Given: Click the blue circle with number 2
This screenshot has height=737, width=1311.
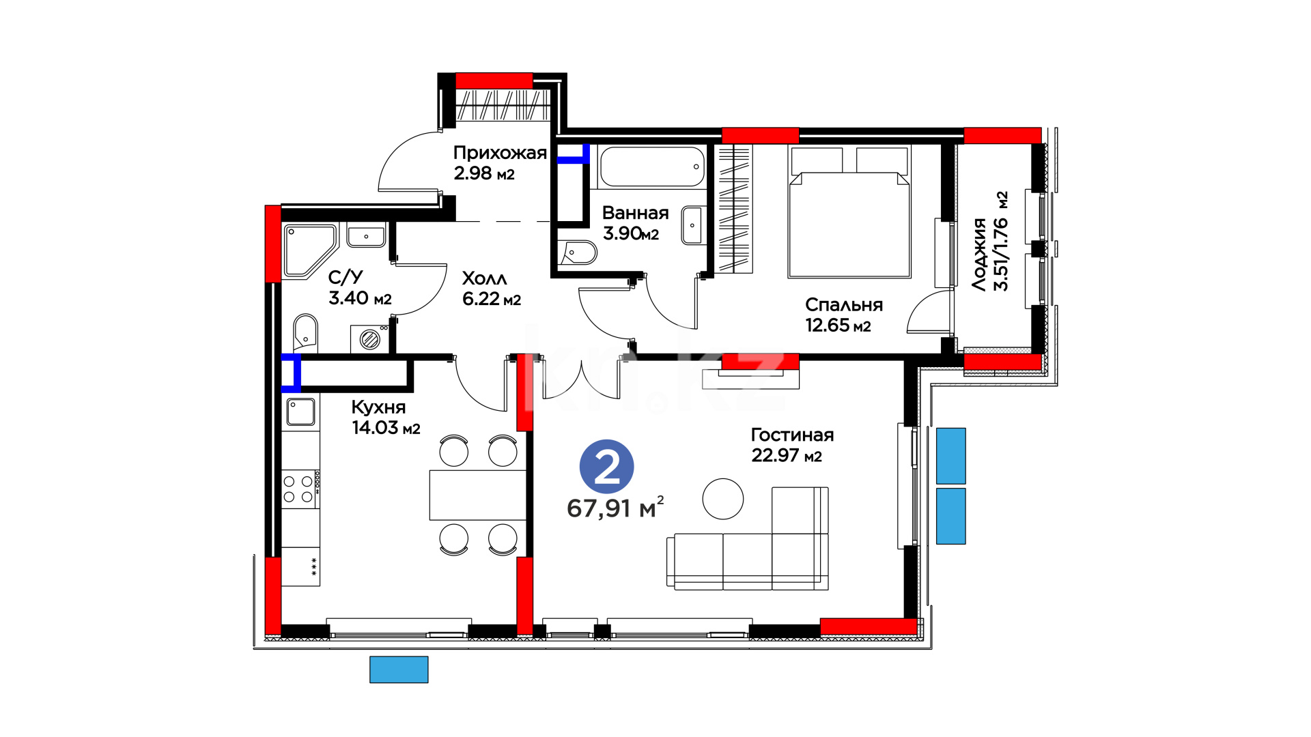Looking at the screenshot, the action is click(x=606, y=467).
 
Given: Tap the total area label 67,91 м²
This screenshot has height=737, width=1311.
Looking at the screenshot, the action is click(x=615, y=508).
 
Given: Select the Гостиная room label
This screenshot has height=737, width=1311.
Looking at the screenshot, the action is click(x=792, y=435).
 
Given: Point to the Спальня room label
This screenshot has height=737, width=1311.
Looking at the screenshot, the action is click(x=844, y=305).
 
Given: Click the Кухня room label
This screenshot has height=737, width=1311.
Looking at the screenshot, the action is click(x=378, y=407).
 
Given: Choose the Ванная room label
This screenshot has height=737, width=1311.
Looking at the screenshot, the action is click(x=635, y=213).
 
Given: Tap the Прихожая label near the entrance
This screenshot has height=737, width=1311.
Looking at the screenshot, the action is click(x=500, y=153).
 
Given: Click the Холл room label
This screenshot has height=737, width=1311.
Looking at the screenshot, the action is click(x=484, y=278).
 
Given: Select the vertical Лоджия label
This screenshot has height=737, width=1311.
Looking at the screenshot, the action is click(x=980, y=255).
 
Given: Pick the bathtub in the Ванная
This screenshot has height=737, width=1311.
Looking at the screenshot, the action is click(x=651, y=167).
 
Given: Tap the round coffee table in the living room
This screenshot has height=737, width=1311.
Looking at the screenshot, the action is click(x=722, y=499).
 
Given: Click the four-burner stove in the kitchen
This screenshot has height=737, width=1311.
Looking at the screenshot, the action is click(x=300, y=489).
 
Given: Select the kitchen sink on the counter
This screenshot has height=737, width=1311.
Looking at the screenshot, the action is click(x=300, y=412).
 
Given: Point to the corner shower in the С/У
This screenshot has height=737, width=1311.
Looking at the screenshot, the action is click(x=309, y=250).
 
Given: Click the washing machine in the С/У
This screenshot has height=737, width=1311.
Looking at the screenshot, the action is click(x=369, y=339).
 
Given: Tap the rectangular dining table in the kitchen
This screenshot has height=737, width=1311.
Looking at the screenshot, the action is click(x=478, y=495).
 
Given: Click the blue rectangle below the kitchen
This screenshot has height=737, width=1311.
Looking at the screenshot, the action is click(x=399, y=669).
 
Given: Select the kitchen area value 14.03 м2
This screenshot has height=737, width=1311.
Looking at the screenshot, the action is click(x=386, y=428).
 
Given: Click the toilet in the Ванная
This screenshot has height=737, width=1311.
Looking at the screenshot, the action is click(x=578, y=252).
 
